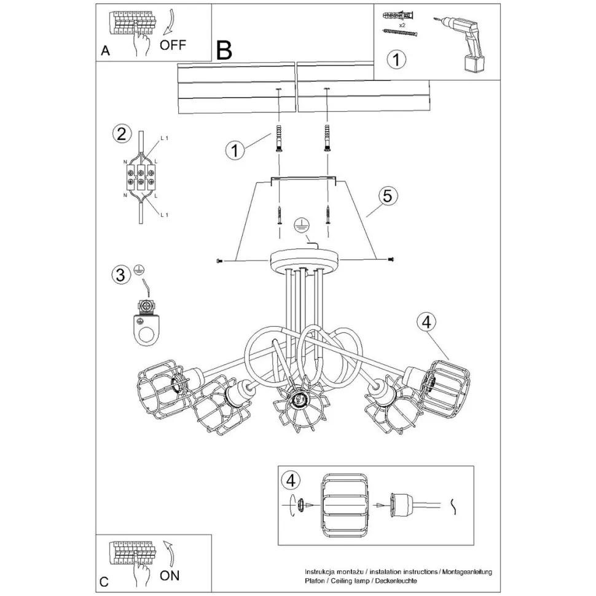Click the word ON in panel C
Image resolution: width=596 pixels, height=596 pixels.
coord(170,576)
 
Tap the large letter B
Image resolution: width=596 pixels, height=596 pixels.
coord(224,50)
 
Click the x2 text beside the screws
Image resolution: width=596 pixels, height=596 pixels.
coord(402,26)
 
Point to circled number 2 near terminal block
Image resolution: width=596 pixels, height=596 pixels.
coord(121,134)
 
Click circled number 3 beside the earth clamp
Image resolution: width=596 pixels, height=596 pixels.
coord(121,275)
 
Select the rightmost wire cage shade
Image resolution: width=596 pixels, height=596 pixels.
coord(446,382)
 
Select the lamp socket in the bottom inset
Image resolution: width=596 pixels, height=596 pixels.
coord(403,504)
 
